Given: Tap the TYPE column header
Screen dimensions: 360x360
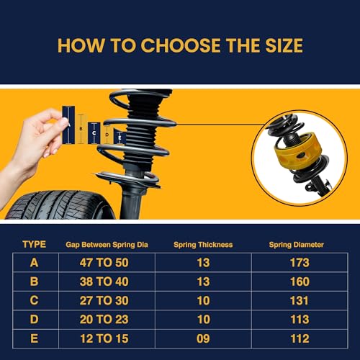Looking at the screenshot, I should (x=34, y=244).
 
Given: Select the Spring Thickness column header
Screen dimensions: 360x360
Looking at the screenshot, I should (x=203, y=245).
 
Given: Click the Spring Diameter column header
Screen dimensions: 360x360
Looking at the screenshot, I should (x=297, y=245).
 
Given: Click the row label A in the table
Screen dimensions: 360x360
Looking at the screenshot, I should (x=34, y=263).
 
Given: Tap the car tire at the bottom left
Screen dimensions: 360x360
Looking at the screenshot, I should (x=54, y=204).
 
